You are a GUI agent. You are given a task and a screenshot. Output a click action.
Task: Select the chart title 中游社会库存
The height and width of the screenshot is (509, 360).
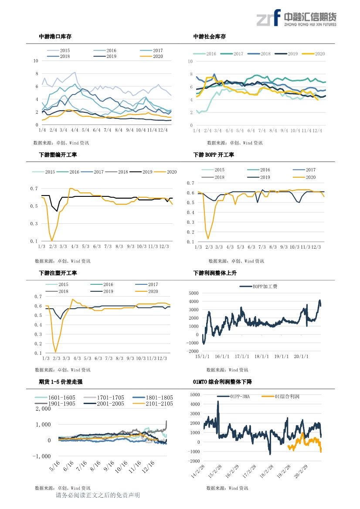tap(210, 37)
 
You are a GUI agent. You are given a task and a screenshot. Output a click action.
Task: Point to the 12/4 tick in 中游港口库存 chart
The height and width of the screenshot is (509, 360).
tap(164, 130)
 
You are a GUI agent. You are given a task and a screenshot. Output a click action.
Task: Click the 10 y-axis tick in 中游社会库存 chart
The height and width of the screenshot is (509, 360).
tap(190, 61)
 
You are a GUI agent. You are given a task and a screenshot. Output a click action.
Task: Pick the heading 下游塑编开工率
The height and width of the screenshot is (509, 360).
tap(58, 155)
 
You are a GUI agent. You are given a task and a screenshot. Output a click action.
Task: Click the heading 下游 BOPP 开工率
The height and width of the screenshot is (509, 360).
tap(214, 155)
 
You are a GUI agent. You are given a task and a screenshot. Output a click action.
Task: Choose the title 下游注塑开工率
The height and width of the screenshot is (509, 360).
tap(58, 273)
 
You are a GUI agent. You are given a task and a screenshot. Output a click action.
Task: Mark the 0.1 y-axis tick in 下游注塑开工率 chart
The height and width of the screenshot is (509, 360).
tap(38, 353)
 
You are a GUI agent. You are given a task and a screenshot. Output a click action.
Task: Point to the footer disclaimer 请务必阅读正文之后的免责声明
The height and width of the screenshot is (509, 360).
tap(98, 496)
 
